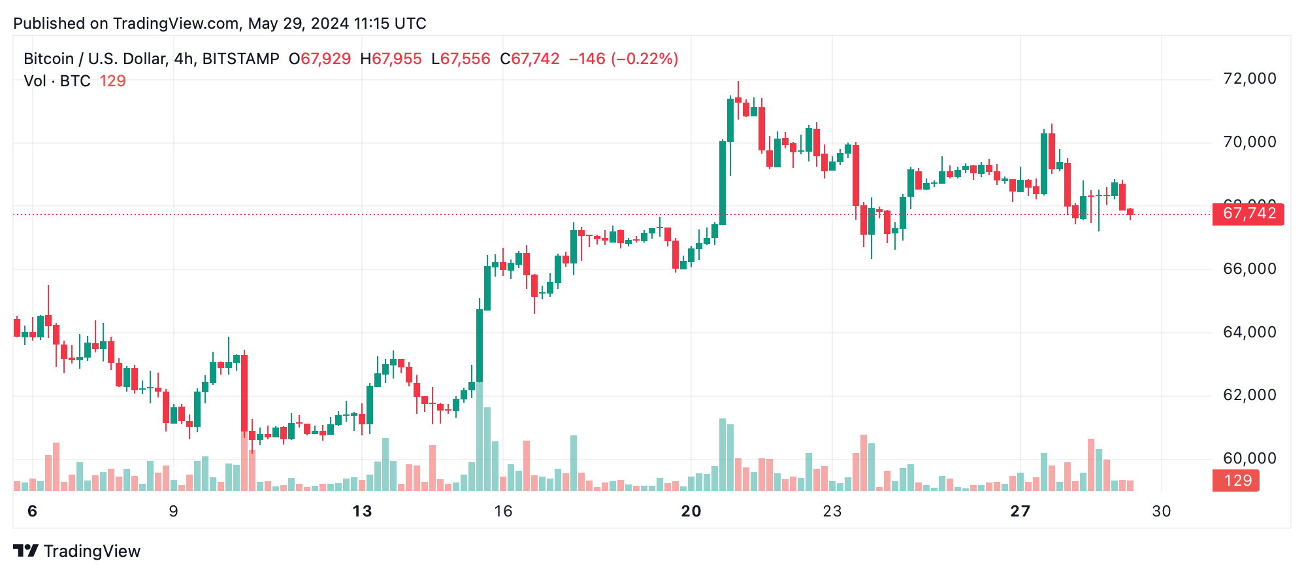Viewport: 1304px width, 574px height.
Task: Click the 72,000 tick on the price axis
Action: tap(1248, 78)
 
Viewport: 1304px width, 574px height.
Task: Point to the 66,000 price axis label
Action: tap(1248, 269)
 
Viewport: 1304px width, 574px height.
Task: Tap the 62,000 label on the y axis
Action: tap(1248, 395)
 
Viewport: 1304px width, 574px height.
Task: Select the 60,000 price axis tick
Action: tap(1248, 458)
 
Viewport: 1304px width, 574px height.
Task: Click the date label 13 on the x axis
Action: tap(362, 511)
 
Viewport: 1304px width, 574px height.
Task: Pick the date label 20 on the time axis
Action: tap(691, 511)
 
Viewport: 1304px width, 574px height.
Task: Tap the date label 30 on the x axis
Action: tap(1161, 511)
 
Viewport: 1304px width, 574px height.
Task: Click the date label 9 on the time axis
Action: tap(173, 511)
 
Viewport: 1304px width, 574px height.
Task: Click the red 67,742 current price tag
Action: tap(1248, 214)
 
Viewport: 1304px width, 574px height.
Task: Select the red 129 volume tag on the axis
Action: tap(1237, 481)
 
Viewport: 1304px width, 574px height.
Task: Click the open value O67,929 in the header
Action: tap(319, 59)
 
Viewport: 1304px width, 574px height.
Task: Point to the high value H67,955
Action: tap(391, 59)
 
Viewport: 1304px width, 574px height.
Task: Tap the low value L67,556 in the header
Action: tap(461, 59)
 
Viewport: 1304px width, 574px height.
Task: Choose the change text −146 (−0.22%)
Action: tap(623, 59)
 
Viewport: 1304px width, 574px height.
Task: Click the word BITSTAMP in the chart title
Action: tap(240, 59)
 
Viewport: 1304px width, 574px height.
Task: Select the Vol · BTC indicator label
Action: tap(57, 81)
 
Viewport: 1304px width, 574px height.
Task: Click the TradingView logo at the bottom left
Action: tap(77, 551)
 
